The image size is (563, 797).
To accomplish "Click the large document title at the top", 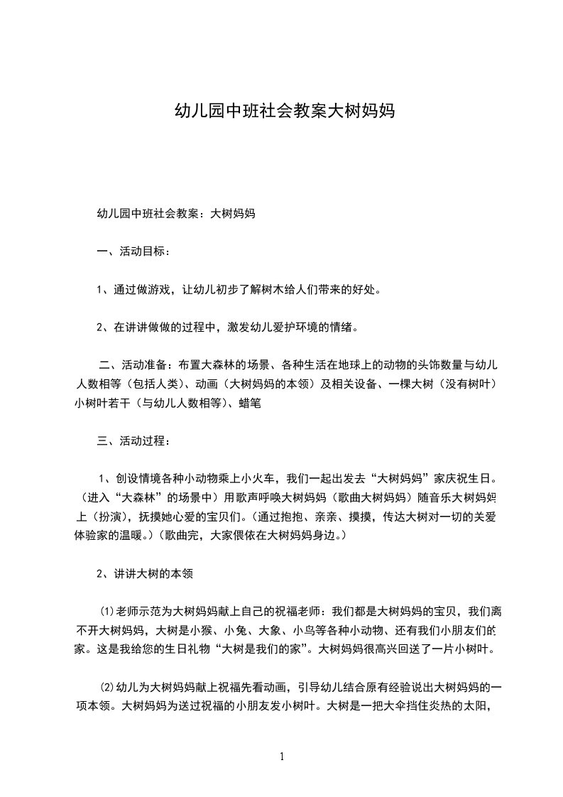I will (284, 111).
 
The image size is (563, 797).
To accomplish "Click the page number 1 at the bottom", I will (283, 757).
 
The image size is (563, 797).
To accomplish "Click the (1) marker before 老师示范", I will (106, 611).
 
